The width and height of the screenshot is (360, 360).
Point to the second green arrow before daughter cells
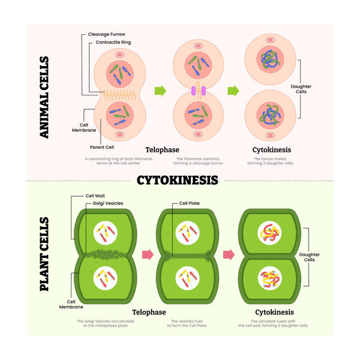(x=233, y=91)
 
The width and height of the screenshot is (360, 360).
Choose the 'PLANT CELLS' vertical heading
(x=44, y=254)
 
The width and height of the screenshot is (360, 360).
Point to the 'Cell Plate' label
(x=190, y=203)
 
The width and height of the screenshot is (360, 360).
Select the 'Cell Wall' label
(x=97, y=196)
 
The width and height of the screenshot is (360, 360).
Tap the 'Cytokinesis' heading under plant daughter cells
(x=275, y=313)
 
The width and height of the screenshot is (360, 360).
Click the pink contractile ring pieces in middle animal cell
(x=198, y=91)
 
